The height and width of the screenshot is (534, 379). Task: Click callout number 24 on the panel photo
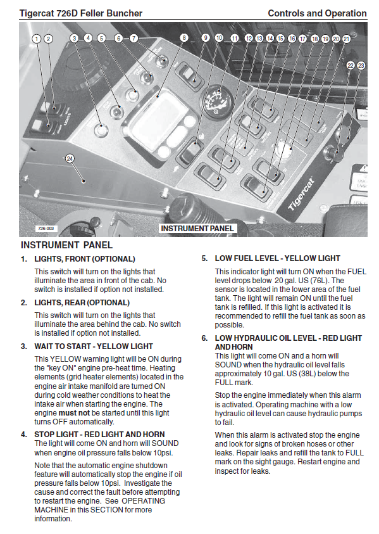point(70,158)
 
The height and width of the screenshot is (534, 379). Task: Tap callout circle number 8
point(184,37)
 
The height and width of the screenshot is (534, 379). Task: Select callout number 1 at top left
point(37,39)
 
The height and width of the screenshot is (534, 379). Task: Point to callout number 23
point(361,65)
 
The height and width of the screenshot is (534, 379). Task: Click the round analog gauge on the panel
point(218,101)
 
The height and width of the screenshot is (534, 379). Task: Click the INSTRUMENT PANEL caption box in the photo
point(197,229)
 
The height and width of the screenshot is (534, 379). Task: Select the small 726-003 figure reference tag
point(46,229)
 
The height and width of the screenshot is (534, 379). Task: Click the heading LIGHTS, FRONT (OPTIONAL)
point(85,259)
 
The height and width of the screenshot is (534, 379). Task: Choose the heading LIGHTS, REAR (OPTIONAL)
point(82,303)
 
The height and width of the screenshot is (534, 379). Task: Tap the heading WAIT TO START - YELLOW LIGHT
point(94,346)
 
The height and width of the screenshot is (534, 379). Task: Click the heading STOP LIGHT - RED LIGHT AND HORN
point(99,434)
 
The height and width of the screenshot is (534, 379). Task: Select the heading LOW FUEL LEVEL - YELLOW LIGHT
point(277,258)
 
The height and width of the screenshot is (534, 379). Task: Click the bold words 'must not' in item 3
point(74,413)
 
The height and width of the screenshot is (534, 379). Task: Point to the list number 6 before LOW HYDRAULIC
point(204,338)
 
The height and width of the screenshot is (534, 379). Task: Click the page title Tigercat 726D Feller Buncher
point(81,13)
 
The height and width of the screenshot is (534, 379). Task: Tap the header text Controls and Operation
point(317,13)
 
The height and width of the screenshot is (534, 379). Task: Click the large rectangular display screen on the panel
point(160,122)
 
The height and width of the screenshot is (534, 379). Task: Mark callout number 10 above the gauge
point(219,37)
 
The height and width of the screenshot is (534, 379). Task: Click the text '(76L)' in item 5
point(319,281)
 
